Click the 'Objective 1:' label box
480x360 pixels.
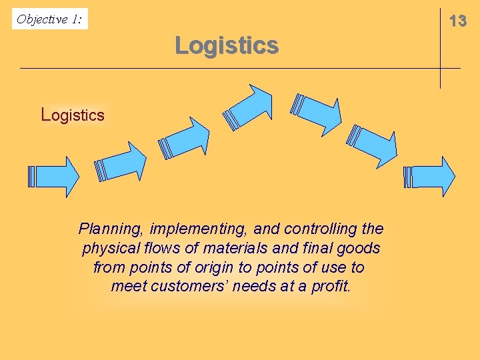[50, 19]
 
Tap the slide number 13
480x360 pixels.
[458, 21]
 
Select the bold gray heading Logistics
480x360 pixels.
[227, 46]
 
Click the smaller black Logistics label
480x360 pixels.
[73, 115]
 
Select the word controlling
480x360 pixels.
[321, 229]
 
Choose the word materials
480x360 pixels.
[235, 249]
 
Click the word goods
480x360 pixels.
[357, 249]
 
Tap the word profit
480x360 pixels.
[330, 287]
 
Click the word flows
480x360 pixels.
[160, 249]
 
